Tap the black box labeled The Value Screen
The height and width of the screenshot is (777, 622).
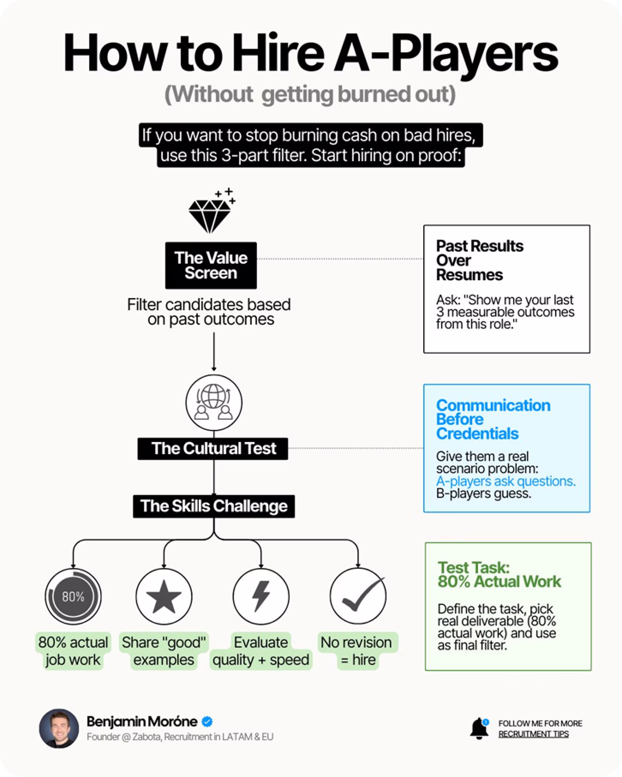click(211, 265)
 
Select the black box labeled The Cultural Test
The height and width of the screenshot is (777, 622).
click(213, 448)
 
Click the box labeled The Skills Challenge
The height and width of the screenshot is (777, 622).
click(213, 506)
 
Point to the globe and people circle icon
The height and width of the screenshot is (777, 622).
click(213, 403)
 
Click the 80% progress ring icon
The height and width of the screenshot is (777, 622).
click(73, 596)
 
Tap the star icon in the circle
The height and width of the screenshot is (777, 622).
click(164, 596)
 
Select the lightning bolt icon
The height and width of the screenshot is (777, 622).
click(261, 596)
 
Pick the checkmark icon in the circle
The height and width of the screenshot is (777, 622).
click(358, 596)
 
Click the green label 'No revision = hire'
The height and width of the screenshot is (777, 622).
click(356, 651)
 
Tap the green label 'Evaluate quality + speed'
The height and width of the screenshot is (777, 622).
click(261, 651)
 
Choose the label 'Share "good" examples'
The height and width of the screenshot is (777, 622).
click(164, 651)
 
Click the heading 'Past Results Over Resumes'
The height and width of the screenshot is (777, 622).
click(479, 260)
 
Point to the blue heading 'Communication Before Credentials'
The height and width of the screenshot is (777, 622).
click(493, 419)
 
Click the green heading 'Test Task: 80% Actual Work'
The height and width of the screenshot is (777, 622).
click(499, 574)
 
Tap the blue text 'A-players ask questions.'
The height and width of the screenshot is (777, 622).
click(505, 481)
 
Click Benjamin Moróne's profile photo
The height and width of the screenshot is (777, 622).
click(59, 729)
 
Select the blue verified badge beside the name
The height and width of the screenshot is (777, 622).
click(207, 722)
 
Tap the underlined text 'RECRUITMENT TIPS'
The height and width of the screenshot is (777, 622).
click(533, 734)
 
